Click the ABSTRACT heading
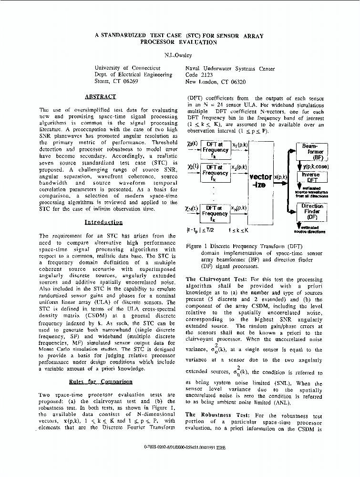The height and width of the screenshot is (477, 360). point(100,96)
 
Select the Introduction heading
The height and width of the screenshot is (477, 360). point(103,222)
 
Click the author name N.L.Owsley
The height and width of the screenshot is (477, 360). point(179,55)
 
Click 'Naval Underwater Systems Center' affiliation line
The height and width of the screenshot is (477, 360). point(230,68)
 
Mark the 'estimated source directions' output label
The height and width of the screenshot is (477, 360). point(310,230)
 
